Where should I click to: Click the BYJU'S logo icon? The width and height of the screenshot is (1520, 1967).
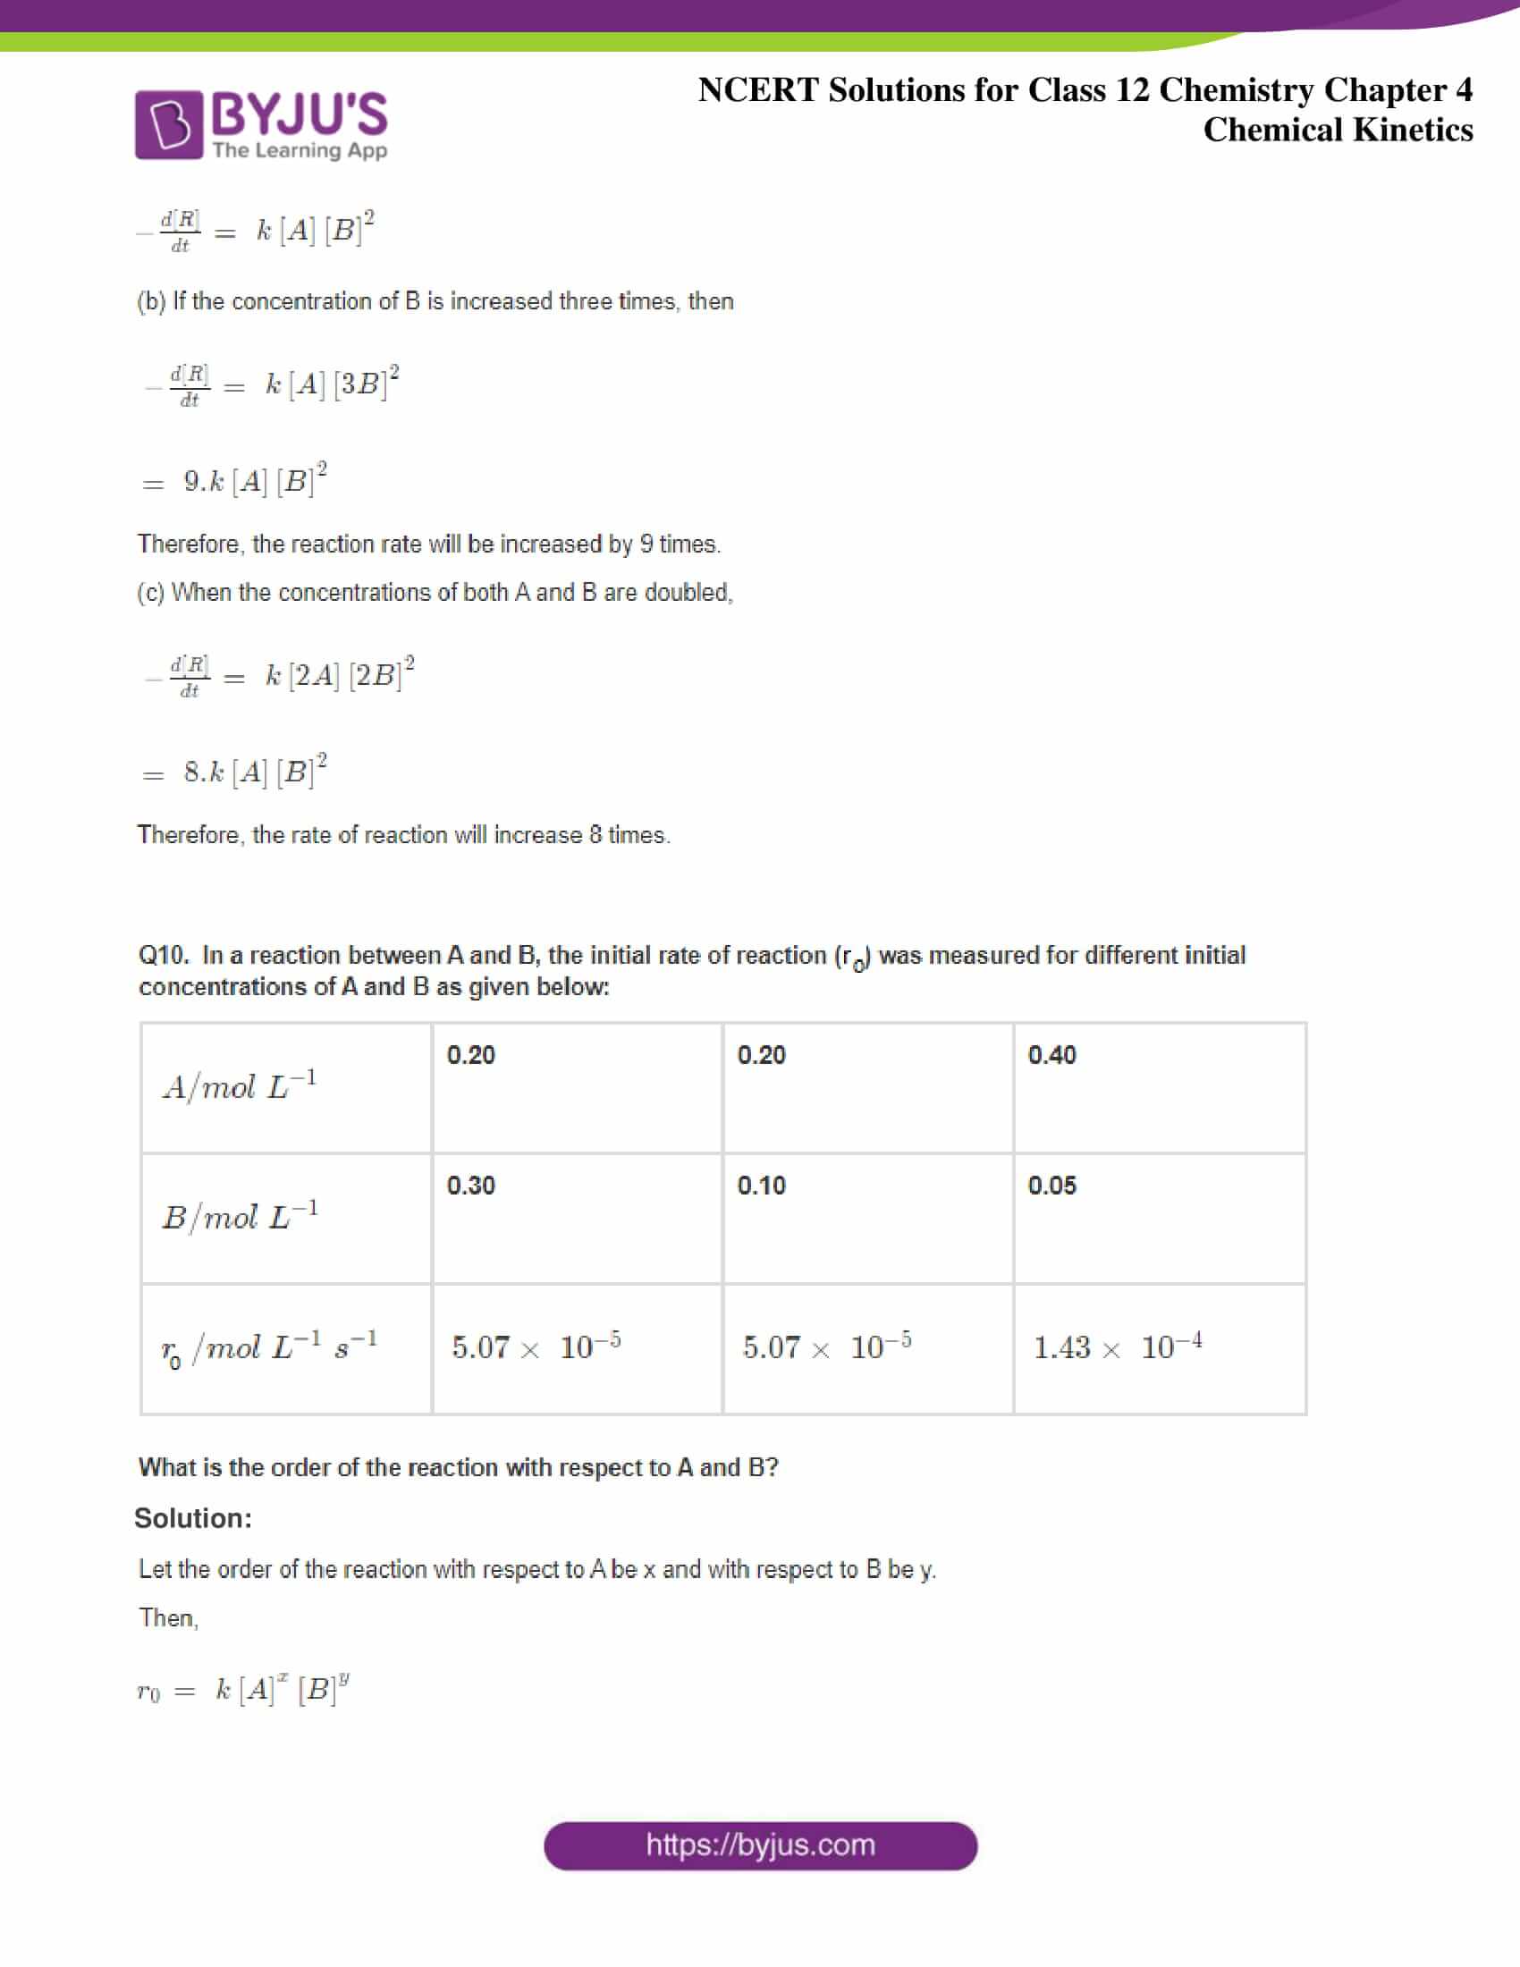click(168, 124)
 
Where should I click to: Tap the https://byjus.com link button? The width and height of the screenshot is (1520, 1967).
click(760, 1845)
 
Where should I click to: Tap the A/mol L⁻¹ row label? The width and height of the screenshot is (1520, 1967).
click(240, 1086)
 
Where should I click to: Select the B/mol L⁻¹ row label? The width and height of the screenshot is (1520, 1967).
click(240, 1217)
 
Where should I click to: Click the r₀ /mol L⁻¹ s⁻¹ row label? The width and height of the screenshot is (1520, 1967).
click(268, 1348)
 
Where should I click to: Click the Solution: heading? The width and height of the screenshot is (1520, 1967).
click(193, 1518)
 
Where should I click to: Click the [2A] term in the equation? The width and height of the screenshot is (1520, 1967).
click(313, 674)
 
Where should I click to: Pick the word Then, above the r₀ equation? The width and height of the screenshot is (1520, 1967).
click(168, 1618)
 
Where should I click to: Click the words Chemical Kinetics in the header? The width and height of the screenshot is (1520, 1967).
click(1338, 130)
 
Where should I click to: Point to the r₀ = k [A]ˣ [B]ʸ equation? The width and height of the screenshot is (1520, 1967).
click(243, 1690)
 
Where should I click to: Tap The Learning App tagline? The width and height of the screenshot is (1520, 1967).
click(300, 149)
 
